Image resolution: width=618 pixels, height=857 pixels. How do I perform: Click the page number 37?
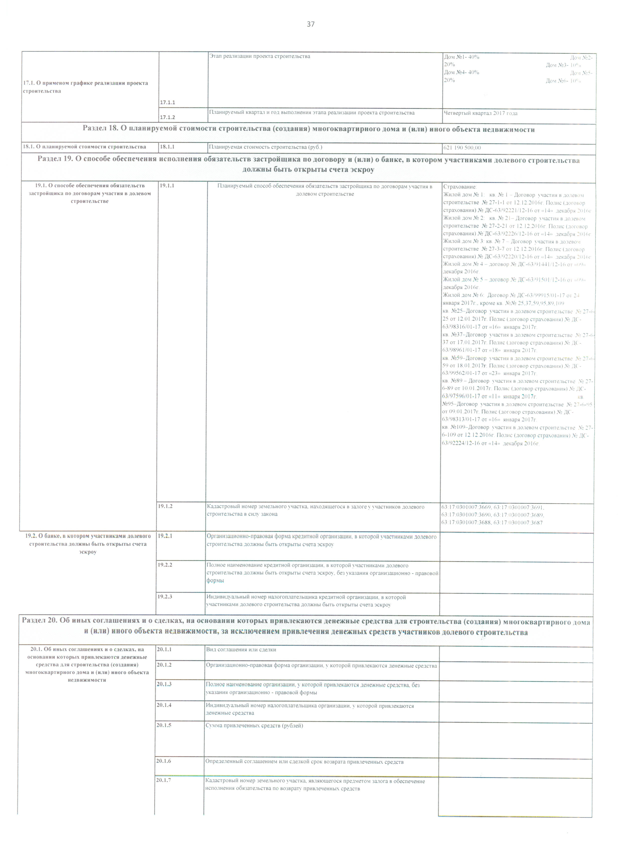coord(310,25)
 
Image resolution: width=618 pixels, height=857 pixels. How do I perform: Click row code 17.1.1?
coord(167,102)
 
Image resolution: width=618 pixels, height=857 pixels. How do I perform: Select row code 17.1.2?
coord(167,117)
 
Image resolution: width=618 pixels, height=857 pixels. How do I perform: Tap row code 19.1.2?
coord(165,506)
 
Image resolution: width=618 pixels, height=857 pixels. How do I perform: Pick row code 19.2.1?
coord(165,536)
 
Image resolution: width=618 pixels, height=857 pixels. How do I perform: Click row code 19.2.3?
coord(165,596)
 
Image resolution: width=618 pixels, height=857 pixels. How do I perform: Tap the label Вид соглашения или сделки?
coord(241,650)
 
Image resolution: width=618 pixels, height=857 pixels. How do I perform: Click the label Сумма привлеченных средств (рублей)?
coord(254,726)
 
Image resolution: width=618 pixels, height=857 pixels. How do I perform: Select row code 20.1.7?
coord(163,781)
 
